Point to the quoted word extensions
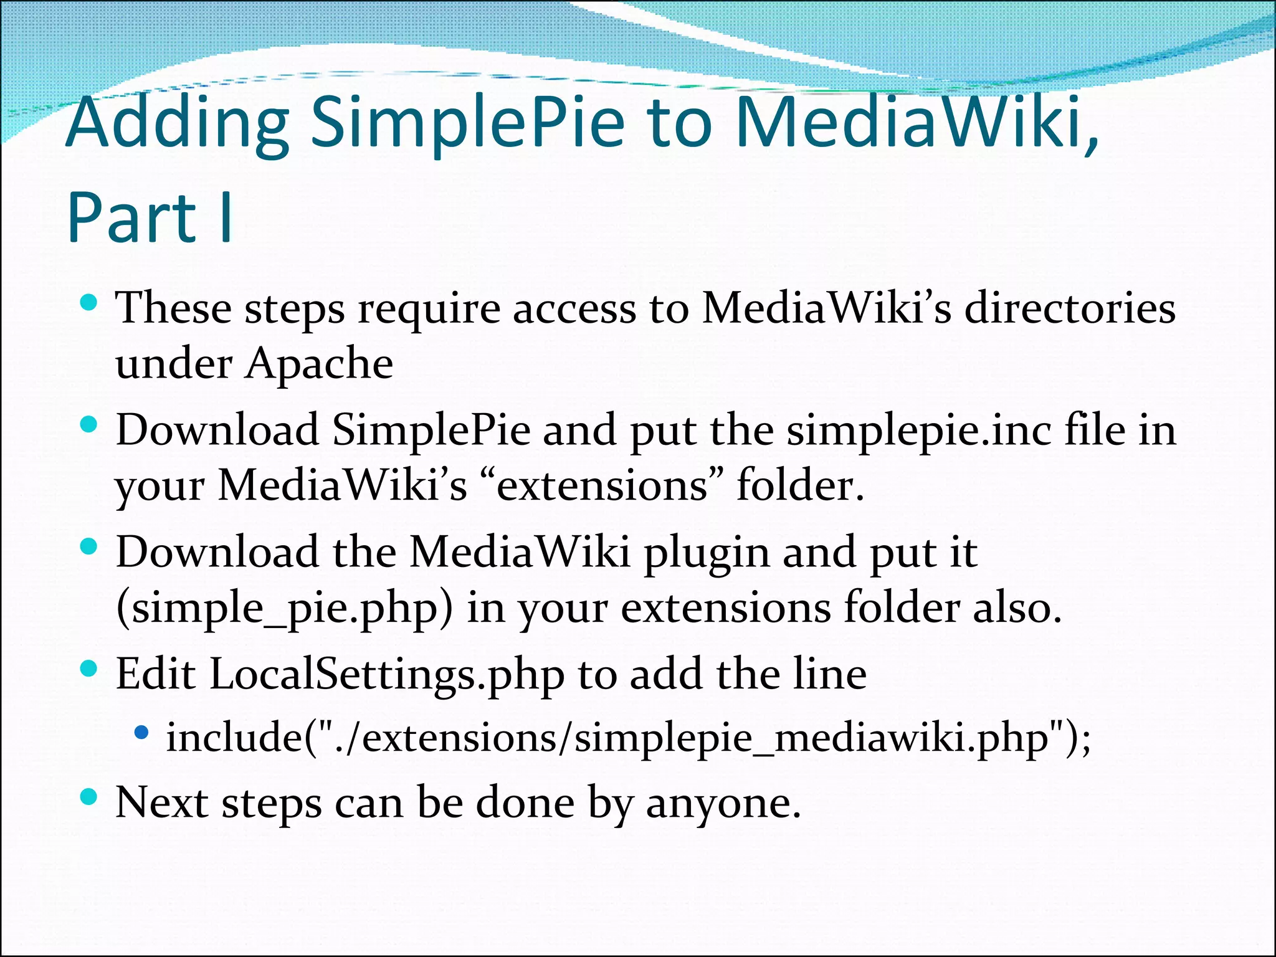click(x=602, y=485)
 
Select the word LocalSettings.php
click(x=387, y=674)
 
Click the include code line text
click(x=628, y=738)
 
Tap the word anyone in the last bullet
click(x=723, y=802)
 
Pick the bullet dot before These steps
click(x=90, y=303)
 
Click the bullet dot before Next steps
click(x=90, y=797)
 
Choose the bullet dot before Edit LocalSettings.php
click(x=90, y=669)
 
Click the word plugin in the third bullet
click(x=707, y=553)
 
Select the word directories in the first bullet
click(x=1070, y=308)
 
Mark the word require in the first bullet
click(x=429, y=308)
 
